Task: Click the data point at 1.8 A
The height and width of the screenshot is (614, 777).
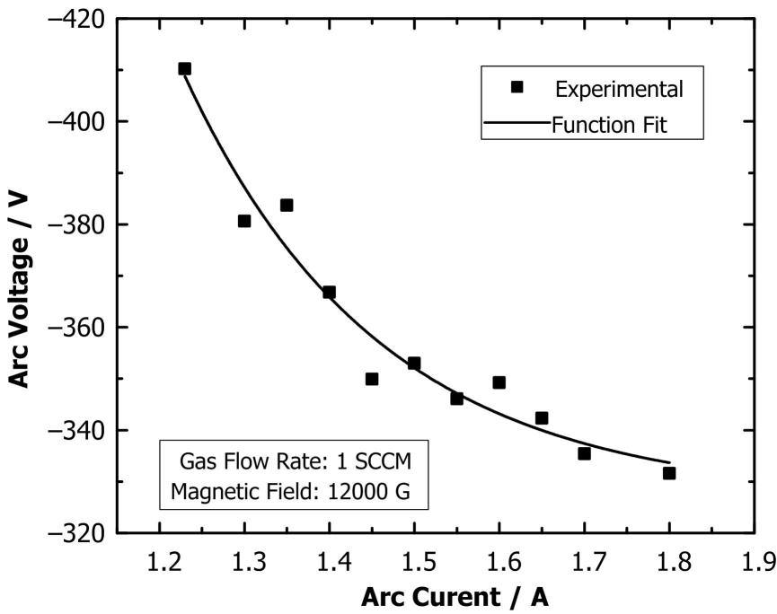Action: (x=669, y=473)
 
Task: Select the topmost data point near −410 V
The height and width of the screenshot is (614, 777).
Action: (x=185, y=68)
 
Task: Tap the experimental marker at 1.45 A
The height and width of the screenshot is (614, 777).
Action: (x=372, y=379)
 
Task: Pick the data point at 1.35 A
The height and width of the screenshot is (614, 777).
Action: (x=287, y=205)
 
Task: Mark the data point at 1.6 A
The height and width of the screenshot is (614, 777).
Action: (x=499, y=382)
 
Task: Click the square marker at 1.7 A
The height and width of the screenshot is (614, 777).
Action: (x=584, y=453)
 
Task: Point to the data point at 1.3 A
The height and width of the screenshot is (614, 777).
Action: (x=244, y=221)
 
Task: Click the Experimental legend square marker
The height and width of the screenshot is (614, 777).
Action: (x=517, y=87)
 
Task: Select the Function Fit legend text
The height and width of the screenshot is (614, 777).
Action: (x=610, y=125)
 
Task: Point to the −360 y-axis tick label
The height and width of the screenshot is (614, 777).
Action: (x=78, y=327)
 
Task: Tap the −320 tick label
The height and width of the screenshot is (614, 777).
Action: (x=78, y=533)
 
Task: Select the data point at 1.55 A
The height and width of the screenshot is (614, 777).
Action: (x=456, y=398)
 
